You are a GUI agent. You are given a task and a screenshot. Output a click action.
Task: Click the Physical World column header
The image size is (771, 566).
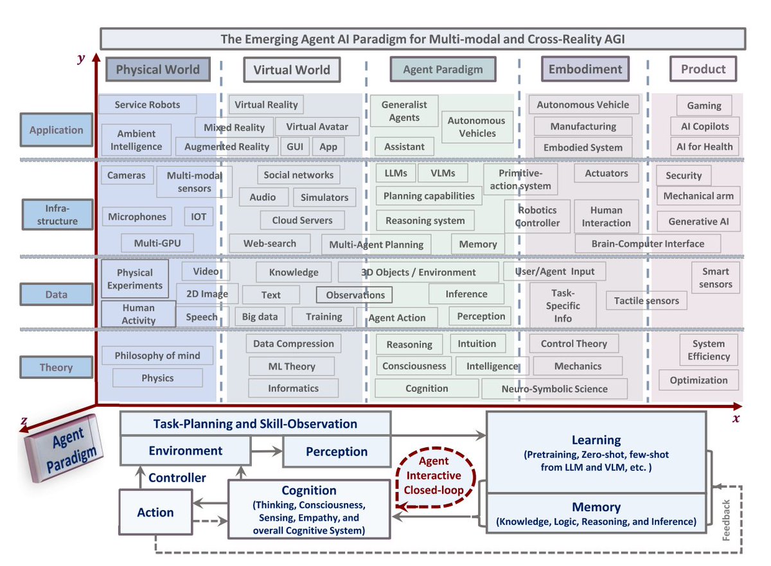pyautogui.click(x=157, y=69)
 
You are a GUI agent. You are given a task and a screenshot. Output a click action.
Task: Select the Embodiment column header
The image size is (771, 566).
pyautogui.click(x=585, y=69)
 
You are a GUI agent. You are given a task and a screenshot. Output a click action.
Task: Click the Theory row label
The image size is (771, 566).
pyautogui.click(x=56, y=367)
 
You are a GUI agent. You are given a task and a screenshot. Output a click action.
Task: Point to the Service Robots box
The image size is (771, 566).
pyautogui.click(x=147, y=105)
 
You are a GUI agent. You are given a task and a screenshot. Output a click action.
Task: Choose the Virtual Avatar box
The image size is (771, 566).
pyautogui.click(x=317, y=127)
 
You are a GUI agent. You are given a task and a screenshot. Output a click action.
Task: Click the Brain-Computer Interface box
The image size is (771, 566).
pyautogui.click(x=648, y=243)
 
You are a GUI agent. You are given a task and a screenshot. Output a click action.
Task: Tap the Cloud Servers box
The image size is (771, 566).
pyautogui.click(x=302, y=220)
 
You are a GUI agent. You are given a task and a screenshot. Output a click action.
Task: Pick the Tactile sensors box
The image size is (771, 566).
pyautogui.click(x=646, y=301)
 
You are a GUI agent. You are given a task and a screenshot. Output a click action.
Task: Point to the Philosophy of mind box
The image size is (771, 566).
pyautogui.click(x=157, y=355)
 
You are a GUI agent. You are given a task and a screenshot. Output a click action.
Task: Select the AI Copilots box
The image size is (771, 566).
pyautogui.click(x=705, y=126)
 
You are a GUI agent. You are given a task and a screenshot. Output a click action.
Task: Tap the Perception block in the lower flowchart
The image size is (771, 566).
pyautogui.click(x=337, y=452)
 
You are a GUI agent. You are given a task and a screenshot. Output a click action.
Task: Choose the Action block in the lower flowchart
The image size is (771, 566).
pyautogui.click(x=155, y=513)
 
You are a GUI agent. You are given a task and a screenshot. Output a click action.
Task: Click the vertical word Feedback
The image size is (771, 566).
pyautogui.click(x=727, y=518)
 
